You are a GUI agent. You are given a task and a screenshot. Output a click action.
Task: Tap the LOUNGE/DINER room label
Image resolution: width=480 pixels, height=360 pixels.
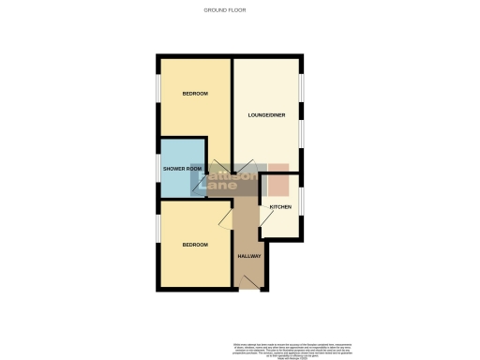pyautogui.click(x=266, y=114)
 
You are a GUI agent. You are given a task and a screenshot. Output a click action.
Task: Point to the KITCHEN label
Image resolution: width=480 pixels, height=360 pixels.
pyautogui.click(x=280, y=206)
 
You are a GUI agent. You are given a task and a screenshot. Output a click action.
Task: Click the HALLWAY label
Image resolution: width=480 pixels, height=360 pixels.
pyautogui.click(x=248, y=256)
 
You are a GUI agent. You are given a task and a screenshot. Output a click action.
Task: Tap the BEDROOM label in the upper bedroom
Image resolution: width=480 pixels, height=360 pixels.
pyautogui.click(x=195, y=94)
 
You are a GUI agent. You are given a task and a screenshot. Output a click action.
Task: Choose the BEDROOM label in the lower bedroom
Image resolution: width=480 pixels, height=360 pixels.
pyautogui.click(x=195, y=245)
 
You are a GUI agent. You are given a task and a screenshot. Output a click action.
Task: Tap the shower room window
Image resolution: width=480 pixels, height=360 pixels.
pyautogui.click(x=158, y=169)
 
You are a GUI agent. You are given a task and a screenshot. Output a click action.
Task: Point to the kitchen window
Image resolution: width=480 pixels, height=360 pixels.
pyautogui.click(x=300, y=202)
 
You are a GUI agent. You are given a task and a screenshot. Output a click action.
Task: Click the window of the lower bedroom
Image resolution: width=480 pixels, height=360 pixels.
pyautogui.click(x=158, y=244)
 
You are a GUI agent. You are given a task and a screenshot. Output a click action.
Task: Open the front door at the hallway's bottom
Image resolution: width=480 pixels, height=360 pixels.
pyautogui.click(x=248, y=281)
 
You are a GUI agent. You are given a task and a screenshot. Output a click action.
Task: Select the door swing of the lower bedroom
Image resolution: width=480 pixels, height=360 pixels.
pyautogui.click(x=225, y=221)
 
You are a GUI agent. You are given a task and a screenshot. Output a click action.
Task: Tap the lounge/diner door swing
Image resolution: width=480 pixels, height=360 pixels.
pyautogui.click(x=217, y=167)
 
